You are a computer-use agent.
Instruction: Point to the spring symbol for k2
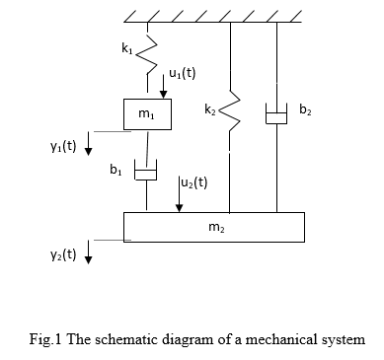230,117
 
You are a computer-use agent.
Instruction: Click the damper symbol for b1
147,175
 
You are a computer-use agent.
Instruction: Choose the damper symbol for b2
276,115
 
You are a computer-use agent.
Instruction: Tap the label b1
115,171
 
